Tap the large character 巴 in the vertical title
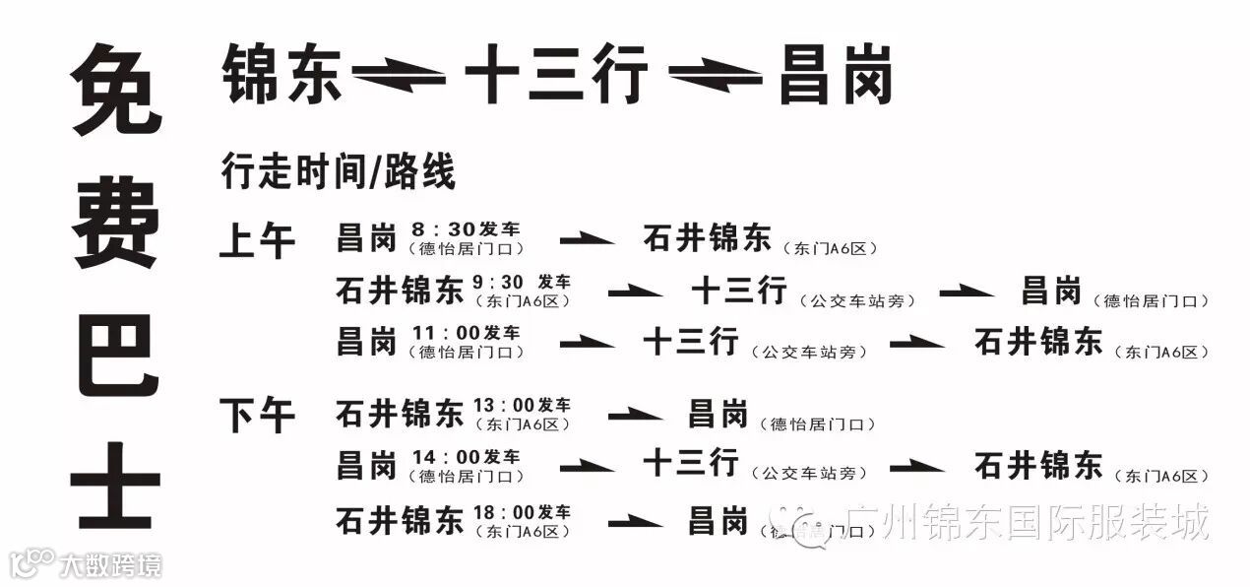[x=116, y=355]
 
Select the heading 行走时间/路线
[x=339, y=171]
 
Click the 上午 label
[x=257, y=240]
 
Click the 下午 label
[x=257, y=415]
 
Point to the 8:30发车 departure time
[x=467, y=228]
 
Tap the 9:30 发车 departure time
[x=522, y=282]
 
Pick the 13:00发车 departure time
[x=522, y=405]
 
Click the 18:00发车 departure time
[x=522, y=511]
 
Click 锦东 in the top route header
[x=282, y=75]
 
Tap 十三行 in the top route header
[x=556, y=75]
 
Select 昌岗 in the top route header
[x=835, y=75]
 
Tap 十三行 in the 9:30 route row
[x=738, y=291]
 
